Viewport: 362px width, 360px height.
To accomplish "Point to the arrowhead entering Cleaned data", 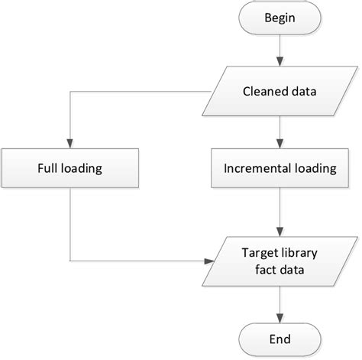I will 281,66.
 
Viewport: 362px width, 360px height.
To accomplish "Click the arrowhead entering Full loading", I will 70,143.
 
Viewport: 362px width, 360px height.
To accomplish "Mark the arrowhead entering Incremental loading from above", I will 281,143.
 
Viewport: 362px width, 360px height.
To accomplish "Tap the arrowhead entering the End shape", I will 281,311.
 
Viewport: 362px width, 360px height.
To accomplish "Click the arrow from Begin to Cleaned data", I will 281,54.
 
